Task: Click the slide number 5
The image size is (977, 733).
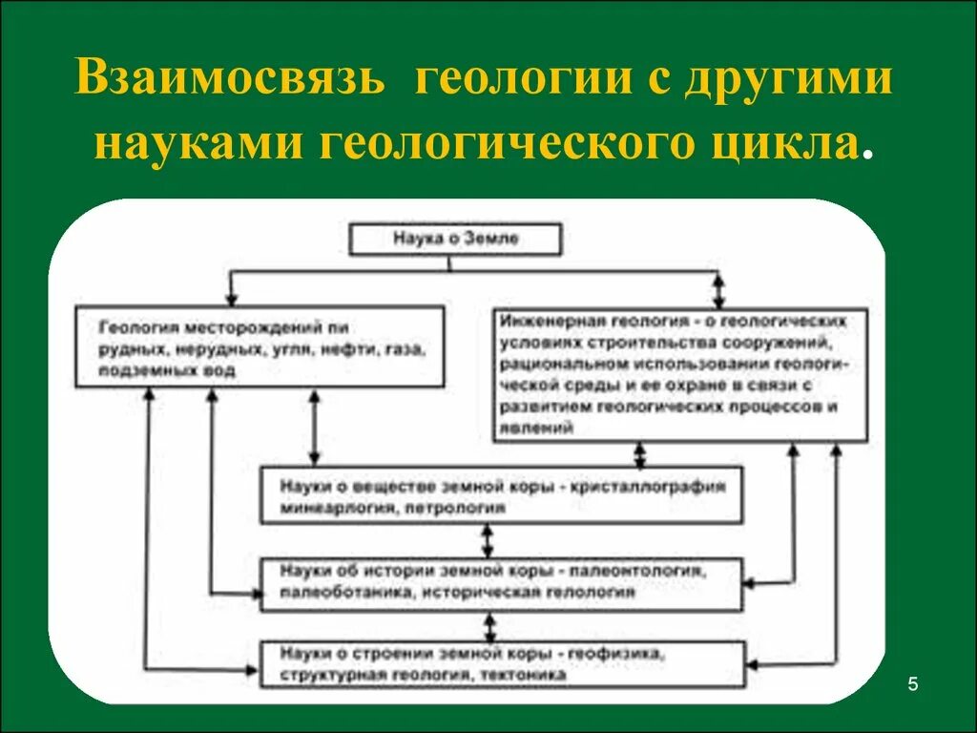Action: pos(913,683)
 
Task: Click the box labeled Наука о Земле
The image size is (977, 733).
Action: pos(455,240)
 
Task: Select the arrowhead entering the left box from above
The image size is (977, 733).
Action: pos(230,295)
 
